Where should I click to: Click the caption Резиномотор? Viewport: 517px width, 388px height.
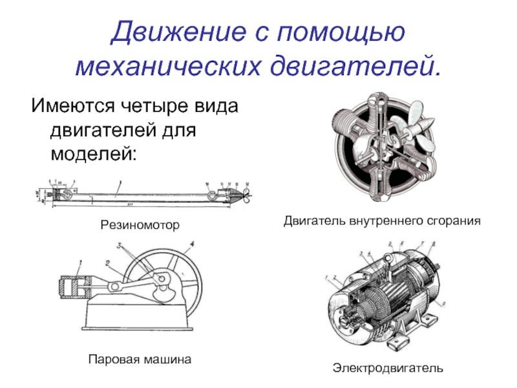[x=139, y=225]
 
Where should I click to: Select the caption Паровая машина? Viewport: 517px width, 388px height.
[x=140, y=358]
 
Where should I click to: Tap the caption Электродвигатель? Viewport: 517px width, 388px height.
[x=388, y=368]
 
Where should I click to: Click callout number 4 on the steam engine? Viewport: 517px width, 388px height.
[x=192, y=244]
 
